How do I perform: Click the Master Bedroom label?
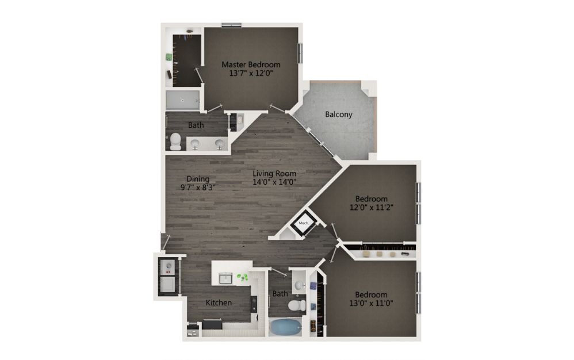click(251, 64)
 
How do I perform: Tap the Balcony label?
click(339, 114)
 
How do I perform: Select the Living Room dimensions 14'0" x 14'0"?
click(274, 182)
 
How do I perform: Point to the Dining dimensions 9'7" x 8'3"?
click(198, 187)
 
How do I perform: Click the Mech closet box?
click(304, 223)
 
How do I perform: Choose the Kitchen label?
click(219, 302)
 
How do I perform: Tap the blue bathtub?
click(285, 327)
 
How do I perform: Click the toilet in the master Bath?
click(175, 141)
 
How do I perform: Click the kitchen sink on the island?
click(225, 279)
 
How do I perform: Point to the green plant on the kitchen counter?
click(242, 277)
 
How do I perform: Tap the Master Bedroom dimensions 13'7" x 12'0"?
click(251, 73)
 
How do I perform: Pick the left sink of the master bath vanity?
click(195, 143)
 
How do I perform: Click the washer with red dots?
click(169, 267)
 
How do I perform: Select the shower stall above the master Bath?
click(183, 100)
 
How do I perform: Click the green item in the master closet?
click(169, 57)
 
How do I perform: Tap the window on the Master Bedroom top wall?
click(231, 25)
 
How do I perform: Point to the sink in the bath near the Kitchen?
click(299, 285)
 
